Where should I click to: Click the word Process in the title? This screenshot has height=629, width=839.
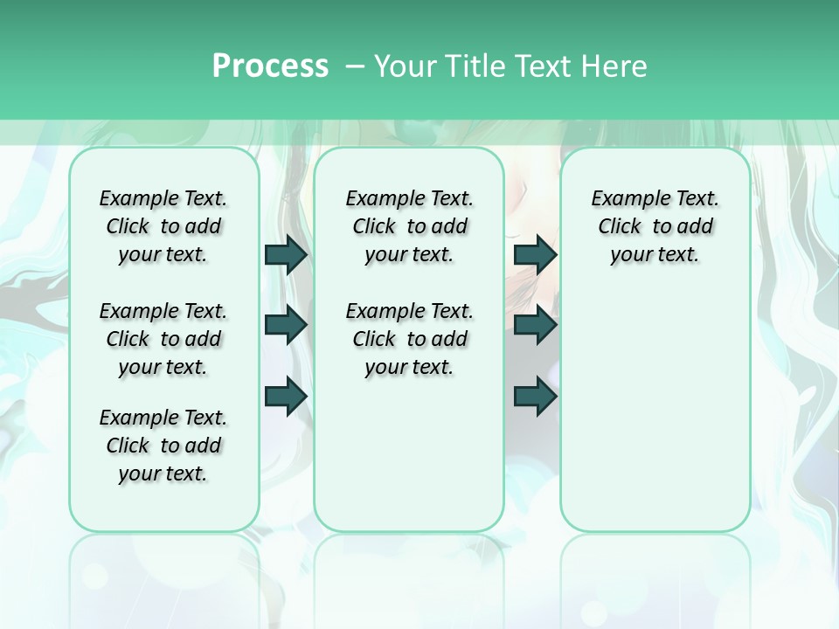click(270, 66)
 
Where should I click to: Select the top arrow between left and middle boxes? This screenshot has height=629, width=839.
click(286, 254)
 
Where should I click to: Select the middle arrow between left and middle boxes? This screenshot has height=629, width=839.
click(286, 325)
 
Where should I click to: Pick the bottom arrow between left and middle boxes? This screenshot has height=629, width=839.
click(286, 396)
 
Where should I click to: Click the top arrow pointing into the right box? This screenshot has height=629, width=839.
click(535, 254)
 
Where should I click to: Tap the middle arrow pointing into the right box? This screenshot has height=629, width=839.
click(535, 325)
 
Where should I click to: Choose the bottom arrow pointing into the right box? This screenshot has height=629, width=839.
click(535, 396)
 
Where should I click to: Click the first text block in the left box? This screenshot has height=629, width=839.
click(163, 226)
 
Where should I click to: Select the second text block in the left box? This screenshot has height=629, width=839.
click(163, 339)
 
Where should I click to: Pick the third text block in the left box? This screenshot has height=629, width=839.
click(163, 446)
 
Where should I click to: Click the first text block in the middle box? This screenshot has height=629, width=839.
click(409, 226)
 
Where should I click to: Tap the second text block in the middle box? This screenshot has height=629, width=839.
click(409, 339)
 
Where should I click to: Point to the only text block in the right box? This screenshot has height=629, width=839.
click(655, 226)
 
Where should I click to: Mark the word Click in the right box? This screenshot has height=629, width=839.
click(620, 227)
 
